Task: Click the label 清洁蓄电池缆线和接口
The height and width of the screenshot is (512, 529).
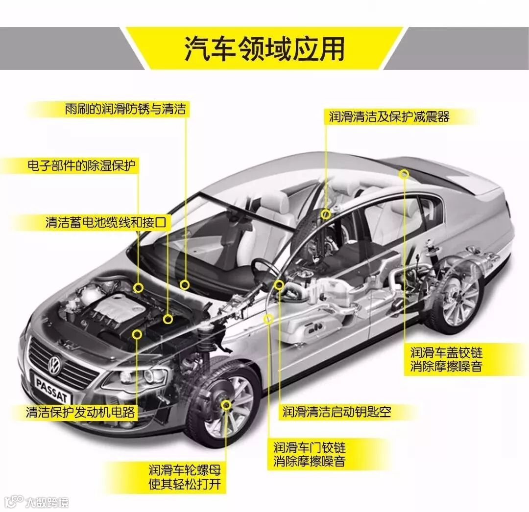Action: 106,223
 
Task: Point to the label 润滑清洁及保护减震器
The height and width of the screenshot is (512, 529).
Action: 389,116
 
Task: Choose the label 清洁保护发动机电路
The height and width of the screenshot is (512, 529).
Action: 80,412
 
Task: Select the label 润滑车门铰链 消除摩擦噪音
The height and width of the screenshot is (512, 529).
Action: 309,454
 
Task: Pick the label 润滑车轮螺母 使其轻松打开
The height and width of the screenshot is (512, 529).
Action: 185,478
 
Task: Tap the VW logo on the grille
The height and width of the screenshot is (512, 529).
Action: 54,364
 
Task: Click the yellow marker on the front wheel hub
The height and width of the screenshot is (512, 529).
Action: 226,404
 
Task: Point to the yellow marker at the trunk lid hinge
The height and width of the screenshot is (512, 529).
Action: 404,174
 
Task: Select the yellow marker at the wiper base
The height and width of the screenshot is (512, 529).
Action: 184,284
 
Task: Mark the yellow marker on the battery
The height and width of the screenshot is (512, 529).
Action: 168,319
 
